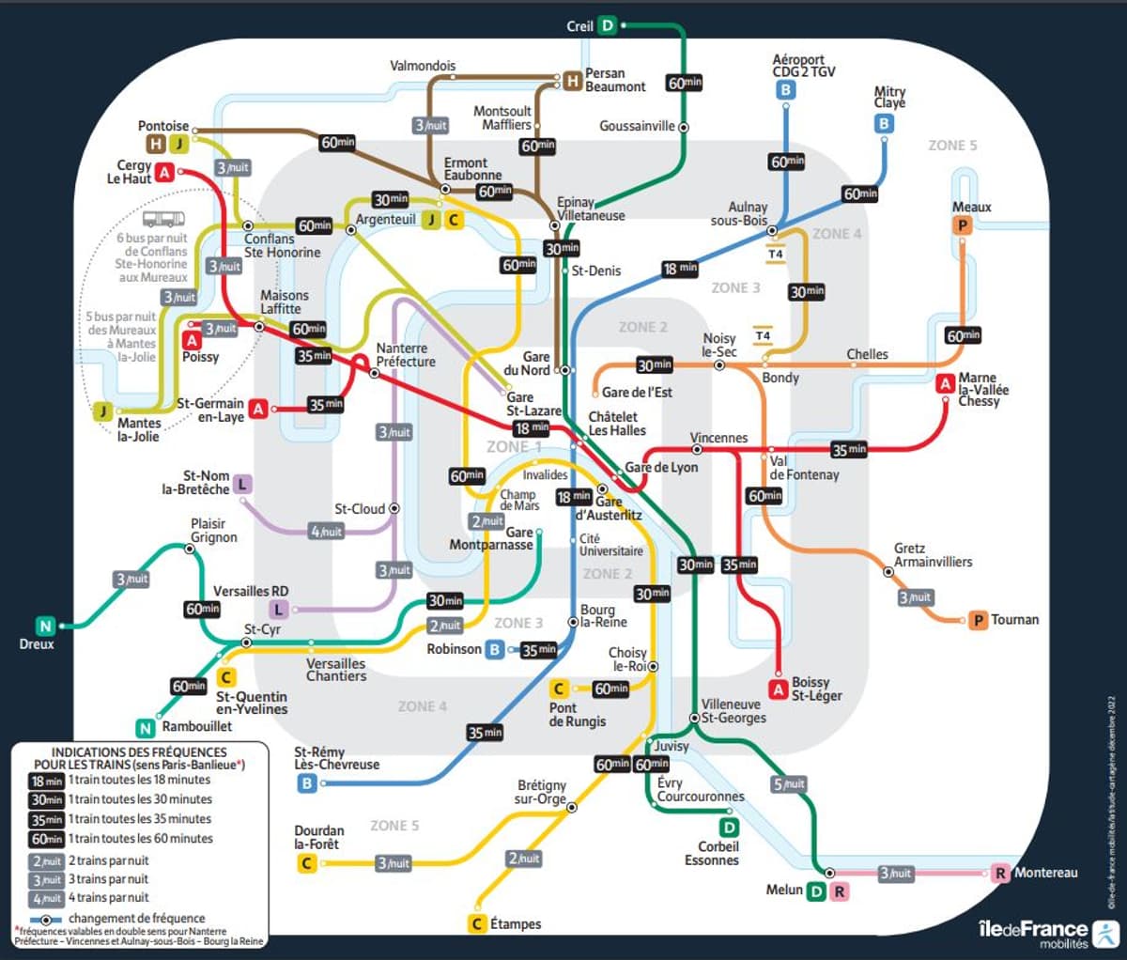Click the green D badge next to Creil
point(608,25)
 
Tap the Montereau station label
point(1045,873)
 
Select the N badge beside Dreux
point(44,626)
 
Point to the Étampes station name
point(515,924)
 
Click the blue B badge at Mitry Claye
point(884,123)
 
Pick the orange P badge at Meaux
point(962,225)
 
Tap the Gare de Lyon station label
point(661,467)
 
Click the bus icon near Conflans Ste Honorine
point(163,220)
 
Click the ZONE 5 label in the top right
point(952,146)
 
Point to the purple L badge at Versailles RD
point(279,610)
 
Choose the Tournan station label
point(1015,620)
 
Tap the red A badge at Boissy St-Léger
point(778,689)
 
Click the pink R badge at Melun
point(839,891)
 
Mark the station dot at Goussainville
point(684,127)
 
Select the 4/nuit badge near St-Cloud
point(326,532)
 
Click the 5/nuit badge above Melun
point(789,784)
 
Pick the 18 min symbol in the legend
point(47,781)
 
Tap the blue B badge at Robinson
point(495,649)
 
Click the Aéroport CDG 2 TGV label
point(803,66)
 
